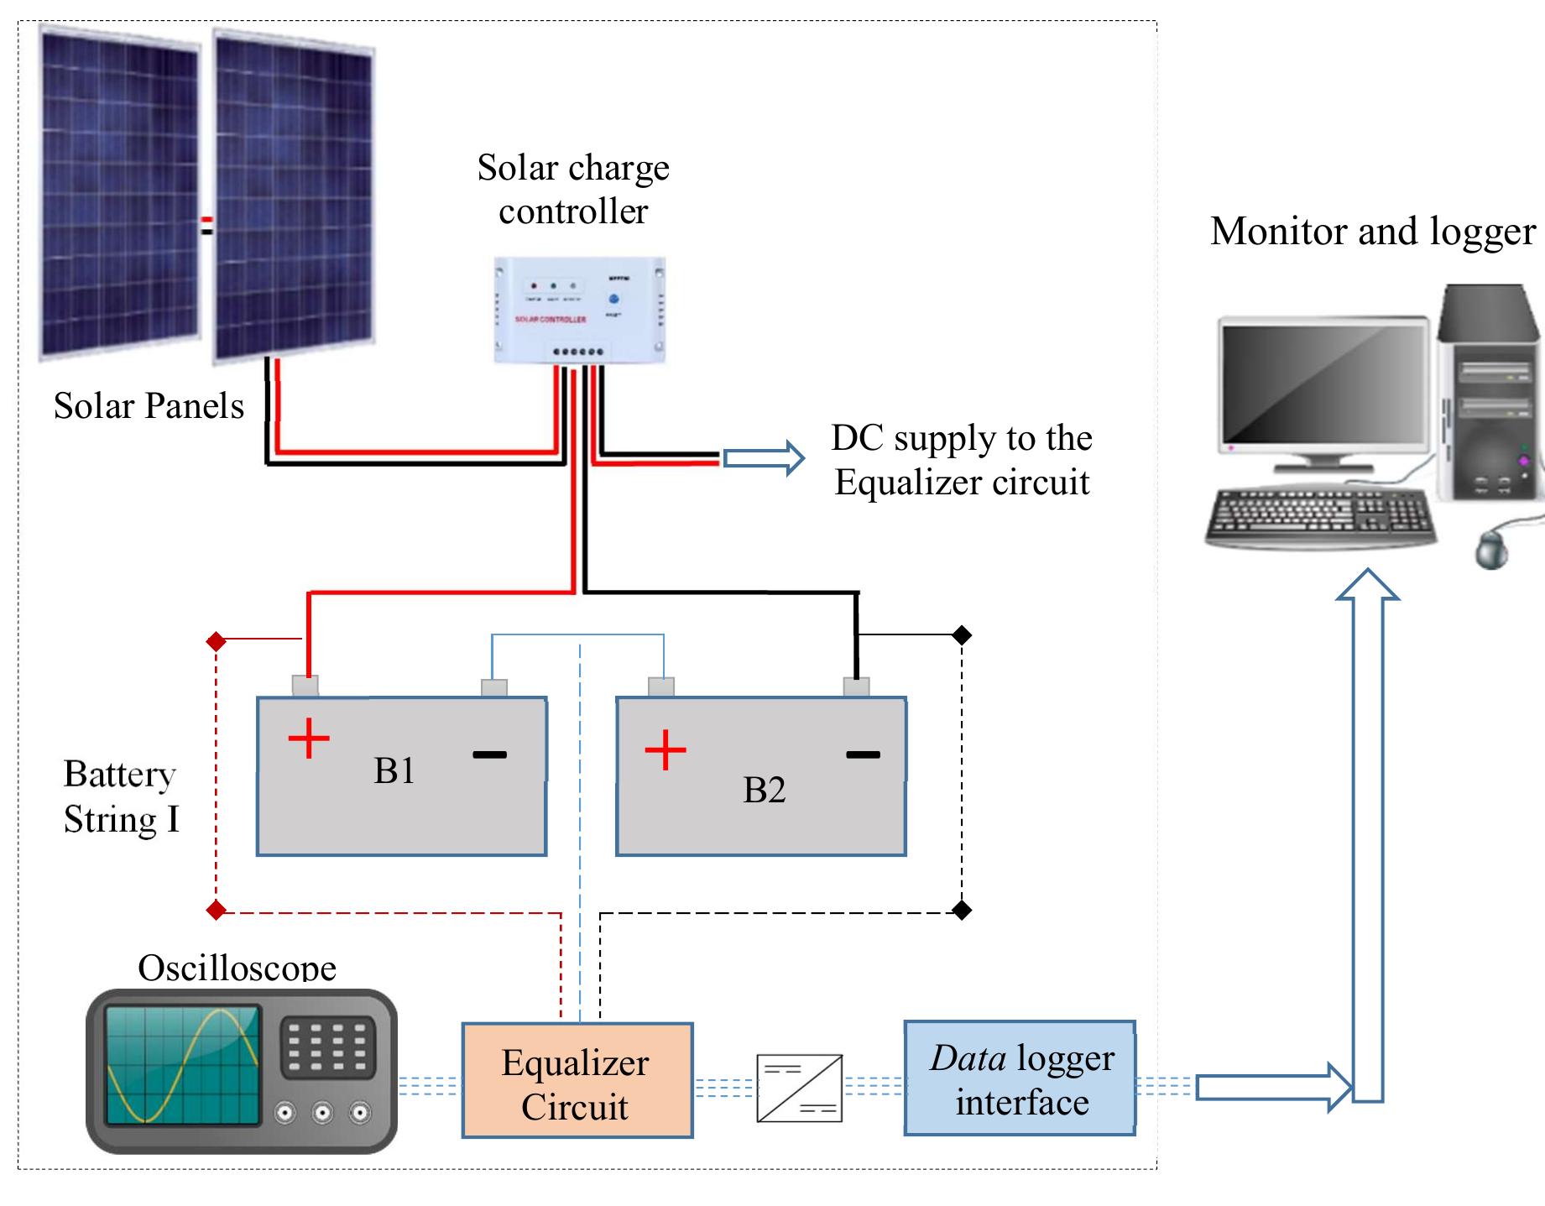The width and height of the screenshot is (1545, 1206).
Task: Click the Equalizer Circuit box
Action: pos(577,1081)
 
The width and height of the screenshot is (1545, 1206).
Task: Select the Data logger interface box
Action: pos(1020,1078)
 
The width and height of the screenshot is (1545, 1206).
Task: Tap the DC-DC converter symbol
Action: pos(799,1089)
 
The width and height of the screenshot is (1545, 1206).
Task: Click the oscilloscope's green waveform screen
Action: pos(182,1065)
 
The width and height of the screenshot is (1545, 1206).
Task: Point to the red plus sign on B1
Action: pos(309,739)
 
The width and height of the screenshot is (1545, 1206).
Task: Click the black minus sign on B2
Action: pos(863,754)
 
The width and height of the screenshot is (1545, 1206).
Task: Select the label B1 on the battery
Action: pos(394,771)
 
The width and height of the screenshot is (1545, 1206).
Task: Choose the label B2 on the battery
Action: pos(764,791)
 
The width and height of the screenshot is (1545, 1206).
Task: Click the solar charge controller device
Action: pos(579,311)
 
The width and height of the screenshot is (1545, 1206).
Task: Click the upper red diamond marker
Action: pos(216,642)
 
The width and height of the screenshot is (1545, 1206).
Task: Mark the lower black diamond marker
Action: pos(962,910)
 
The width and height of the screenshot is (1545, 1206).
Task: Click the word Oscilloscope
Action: pos(237,968)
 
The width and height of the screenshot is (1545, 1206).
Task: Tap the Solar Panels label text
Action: pos(149,406)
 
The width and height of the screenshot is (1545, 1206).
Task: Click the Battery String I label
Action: pos(121,796)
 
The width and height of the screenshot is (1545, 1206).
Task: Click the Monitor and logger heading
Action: pos(1372,232)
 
